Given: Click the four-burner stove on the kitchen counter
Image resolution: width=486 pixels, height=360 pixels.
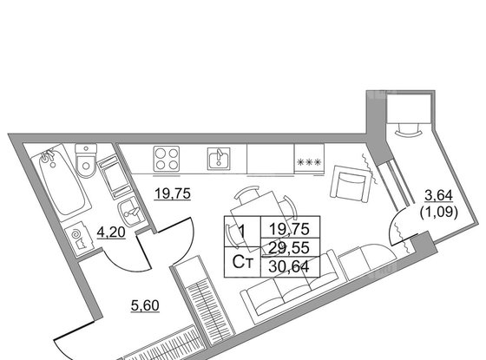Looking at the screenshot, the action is (x=167, y=159).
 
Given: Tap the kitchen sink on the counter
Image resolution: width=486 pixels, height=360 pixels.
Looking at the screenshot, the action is (x=219, y=158).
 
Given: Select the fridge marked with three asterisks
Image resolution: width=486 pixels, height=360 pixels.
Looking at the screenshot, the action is (x=309, y=159).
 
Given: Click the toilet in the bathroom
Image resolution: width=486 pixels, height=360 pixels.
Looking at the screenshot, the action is (x=86, y=160).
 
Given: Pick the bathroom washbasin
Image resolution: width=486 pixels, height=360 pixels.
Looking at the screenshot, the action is (x=130, y=213).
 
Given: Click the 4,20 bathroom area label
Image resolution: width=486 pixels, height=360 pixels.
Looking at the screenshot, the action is (x=111, y=232).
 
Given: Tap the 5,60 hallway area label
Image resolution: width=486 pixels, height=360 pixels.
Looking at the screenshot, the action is (x=145, y=305).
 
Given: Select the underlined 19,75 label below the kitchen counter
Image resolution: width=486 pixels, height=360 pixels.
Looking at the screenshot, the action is (x=173, y=194).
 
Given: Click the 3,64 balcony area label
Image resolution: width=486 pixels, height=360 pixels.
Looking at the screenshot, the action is (x=438, y=195).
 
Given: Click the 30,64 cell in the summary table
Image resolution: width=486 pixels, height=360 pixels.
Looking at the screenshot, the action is (x=289, y=266).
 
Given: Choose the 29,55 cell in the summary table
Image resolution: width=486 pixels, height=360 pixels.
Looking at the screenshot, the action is (x=290, y=247).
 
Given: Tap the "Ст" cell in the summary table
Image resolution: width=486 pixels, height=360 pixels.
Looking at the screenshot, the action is (x=243, y=262).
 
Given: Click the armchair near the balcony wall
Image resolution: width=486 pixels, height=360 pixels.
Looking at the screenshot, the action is (x=351, y=184).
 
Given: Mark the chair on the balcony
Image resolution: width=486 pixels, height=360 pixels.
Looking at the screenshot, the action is (x=409, y=129).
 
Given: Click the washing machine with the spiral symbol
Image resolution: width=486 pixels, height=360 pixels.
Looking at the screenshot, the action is (x=79, y=239).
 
